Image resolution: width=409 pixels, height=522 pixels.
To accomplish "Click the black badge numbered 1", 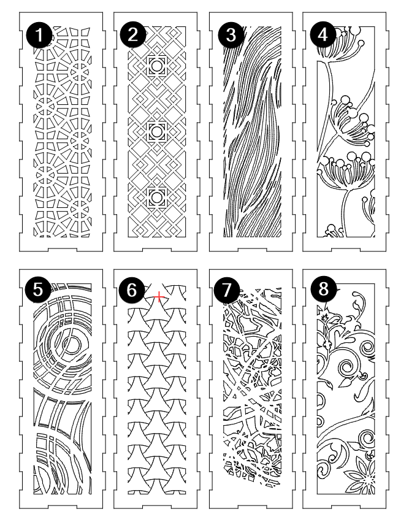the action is click(x=39, y=35).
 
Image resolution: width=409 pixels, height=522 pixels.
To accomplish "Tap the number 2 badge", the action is click(x=132, y=34).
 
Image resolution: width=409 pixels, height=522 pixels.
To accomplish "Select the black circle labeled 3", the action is click(x=231, y=35).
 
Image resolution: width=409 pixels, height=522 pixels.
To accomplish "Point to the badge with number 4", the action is click(x=323, y=34).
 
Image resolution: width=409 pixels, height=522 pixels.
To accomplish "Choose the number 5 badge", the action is click(x=38, y=290).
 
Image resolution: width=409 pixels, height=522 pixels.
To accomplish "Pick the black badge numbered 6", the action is click(x=132, y=290).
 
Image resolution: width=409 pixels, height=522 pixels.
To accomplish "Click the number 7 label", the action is click(x=226, y=290).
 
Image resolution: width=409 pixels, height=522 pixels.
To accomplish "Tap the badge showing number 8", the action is click(x=324, y=290).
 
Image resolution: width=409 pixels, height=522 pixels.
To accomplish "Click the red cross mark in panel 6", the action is click(x=159, y=296).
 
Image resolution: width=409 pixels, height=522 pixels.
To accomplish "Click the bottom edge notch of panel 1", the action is click(x=61, y=250).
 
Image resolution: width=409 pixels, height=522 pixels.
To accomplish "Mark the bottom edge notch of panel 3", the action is click(x=251, y=250).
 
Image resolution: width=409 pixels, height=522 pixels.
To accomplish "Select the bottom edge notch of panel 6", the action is click(x=155, y=507).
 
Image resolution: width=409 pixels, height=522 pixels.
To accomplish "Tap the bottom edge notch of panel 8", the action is click(x=345, y=507).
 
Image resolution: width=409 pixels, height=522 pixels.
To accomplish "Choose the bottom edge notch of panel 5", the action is click(x=61, y=507).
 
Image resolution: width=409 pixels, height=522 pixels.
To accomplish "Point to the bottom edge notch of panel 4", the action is click(x=345, y=250).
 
